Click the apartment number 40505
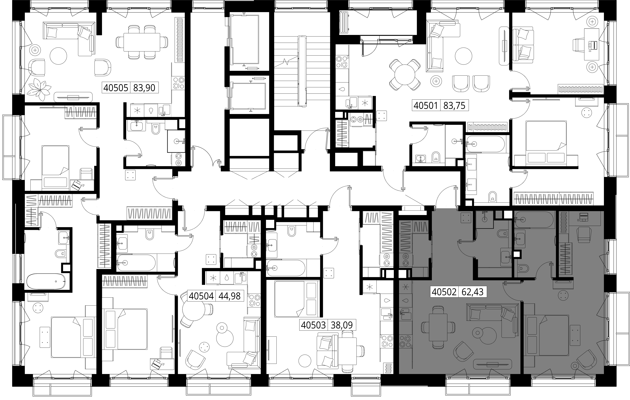(116, 88)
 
